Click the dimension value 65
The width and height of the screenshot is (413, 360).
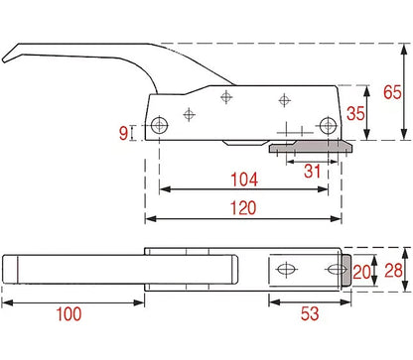(x=392, y=92)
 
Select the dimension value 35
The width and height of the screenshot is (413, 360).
(x=355, y=113)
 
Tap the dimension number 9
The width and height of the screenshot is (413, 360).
(x=123, y=133)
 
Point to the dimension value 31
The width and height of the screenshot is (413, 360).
(x=313, y=172)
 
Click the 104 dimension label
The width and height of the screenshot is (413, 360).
(x=244, y=180)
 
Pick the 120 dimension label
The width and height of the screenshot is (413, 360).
(x=243, y=208)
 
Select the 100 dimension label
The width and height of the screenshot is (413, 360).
(x=69, y=313)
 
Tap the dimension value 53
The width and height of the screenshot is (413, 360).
(x=310, y=313)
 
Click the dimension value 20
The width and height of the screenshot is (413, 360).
(x=361, y=272)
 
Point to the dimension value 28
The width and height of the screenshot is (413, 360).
(x=393, y=271)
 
